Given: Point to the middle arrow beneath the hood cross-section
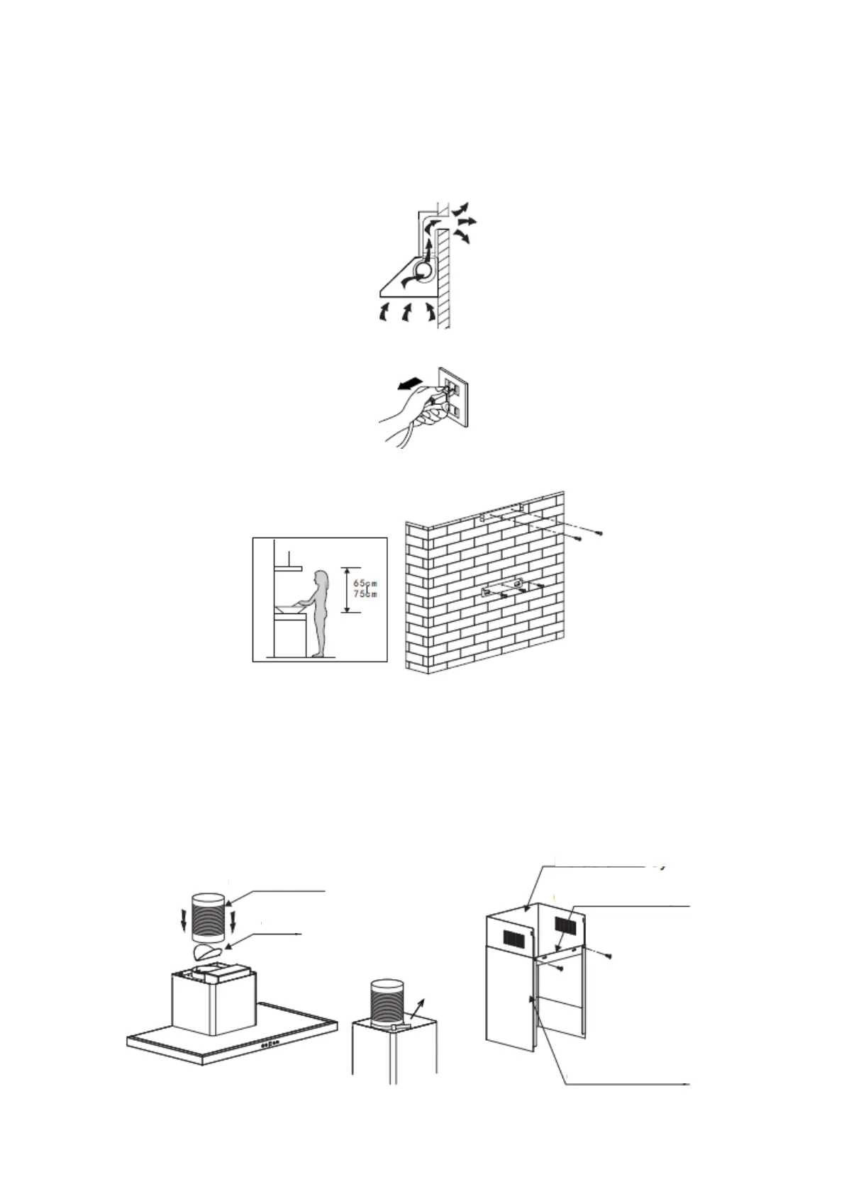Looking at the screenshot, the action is point(407,311).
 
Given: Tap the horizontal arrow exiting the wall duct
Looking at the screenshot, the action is point(467,223).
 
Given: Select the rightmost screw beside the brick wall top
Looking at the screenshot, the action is point(600,533).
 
